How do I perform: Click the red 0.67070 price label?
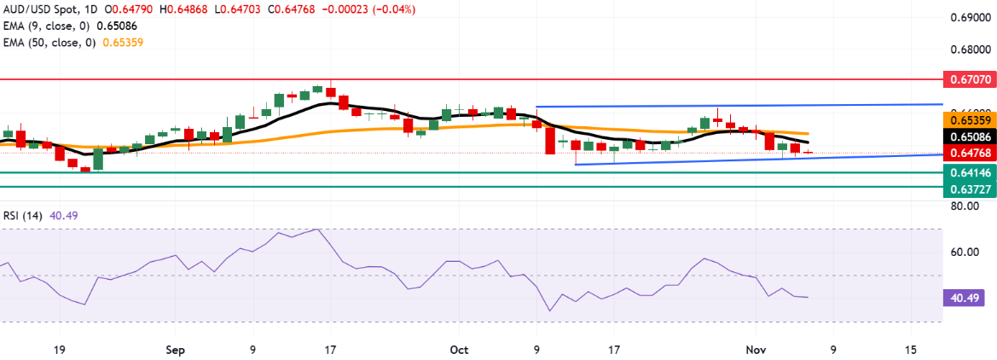coord(970,78)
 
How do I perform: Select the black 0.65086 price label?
coord(970,136)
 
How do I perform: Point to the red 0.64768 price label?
coord(970,154)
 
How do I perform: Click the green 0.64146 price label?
coord(970,171)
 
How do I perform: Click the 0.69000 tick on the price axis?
coord(970,18)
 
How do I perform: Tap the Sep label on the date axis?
coord(175,350)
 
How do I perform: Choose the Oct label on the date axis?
coord(459,350)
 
